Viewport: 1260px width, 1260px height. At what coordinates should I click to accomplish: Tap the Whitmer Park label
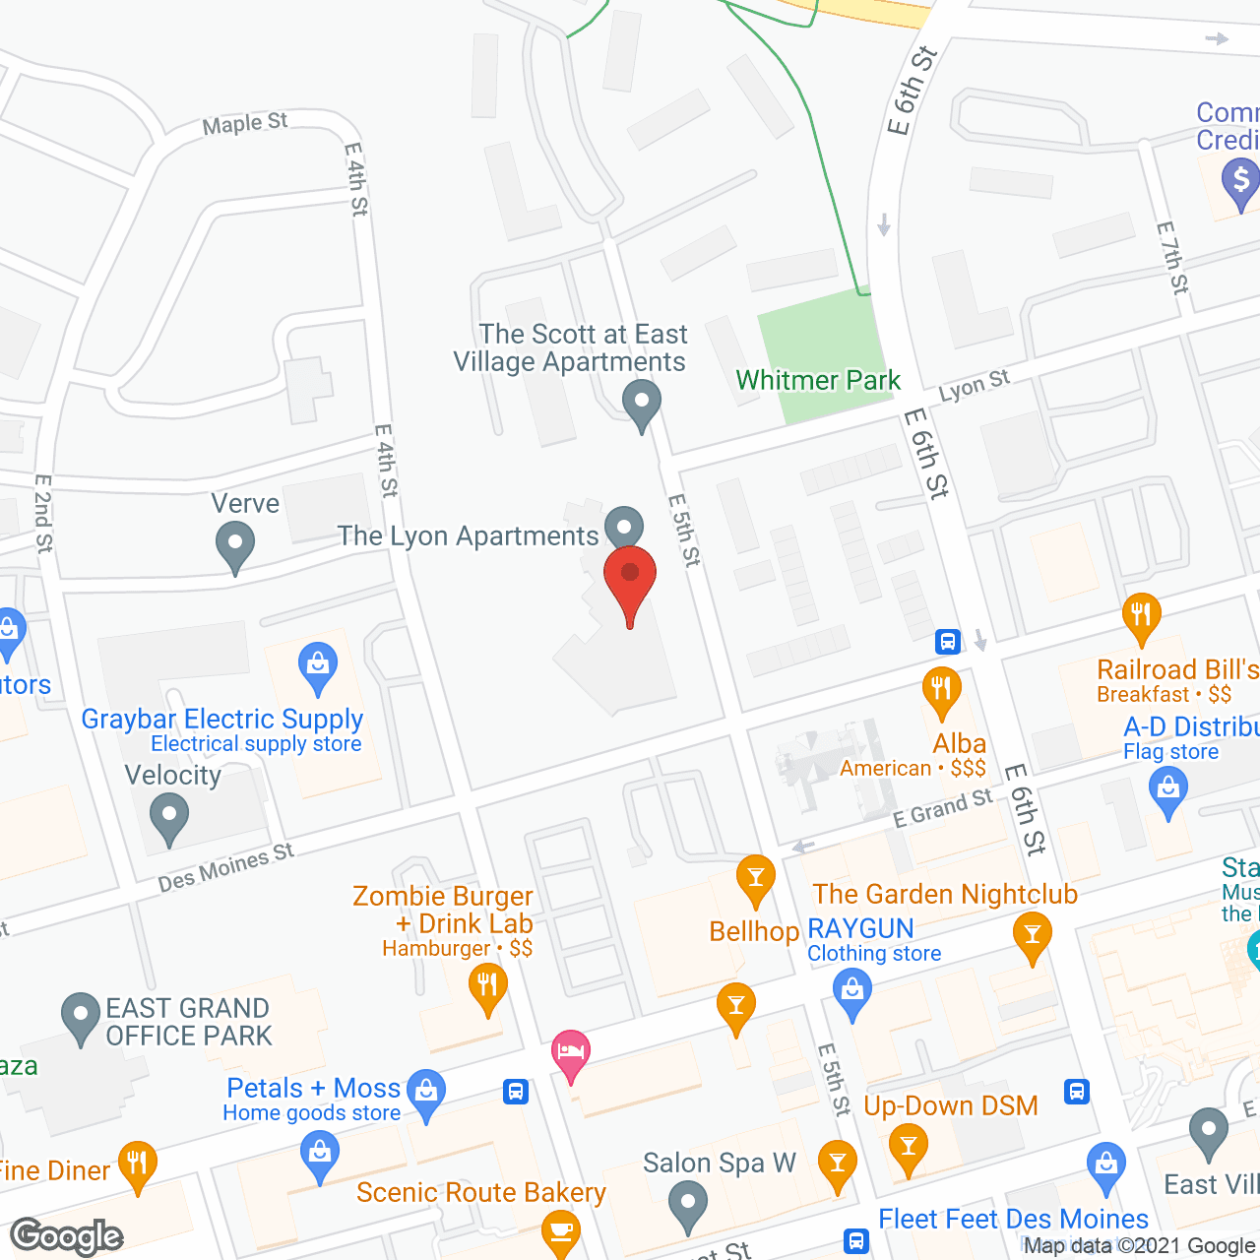coord(818,380)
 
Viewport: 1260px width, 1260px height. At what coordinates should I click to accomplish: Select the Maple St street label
coord(244,124)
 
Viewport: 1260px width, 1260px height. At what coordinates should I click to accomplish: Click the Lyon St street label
coord(974,386)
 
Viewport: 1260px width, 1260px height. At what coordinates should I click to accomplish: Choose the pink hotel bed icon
coord(571,1053)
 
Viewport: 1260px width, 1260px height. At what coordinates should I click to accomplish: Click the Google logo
coord(67,1235)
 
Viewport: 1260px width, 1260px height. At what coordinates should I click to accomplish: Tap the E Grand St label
coord(942,808)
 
